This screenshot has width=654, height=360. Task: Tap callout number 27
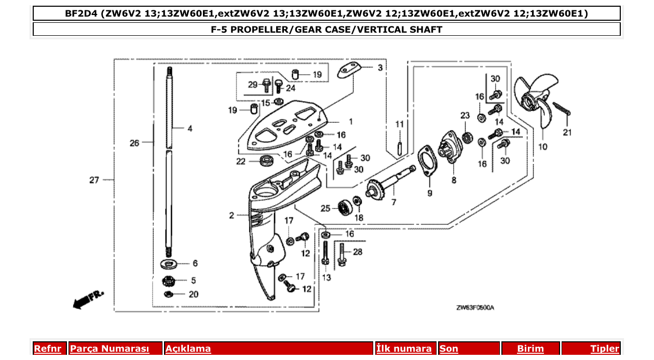point(93,180)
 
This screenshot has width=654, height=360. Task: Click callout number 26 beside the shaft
point(134,143)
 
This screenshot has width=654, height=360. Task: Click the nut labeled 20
point(169,295)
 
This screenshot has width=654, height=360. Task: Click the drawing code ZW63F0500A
point(475,308)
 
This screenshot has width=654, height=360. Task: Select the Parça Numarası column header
point(110,349)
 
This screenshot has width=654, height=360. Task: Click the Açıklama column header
point(188,349)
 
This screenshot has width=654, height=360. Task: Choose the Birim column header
point(530,349)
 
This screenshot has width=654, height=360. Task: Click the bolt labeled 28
point(342,255)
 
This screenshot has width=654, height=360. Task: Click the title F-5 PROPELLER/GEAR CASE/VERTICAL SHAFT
point(326,30)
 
